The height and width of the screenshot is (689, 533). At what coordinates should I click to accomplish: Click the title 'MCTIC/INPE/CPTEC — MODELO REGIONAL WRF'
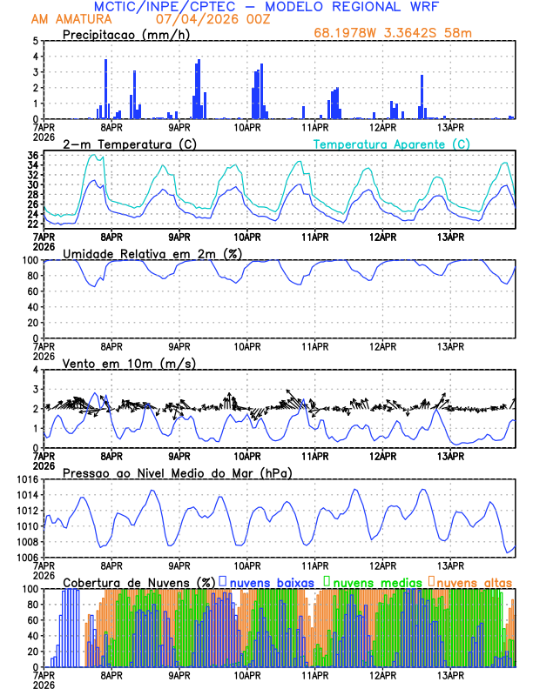(266, 7)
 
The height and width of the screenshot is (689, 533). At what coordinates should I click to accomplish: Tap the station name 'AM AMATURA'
(67, 19)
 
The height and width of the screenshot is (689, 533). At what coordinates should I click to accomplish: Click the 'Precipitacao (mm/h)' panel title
(126, 34)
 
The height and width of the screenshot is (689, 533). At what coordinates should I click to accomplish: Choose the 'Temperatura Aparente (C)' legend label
(391, 144)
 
